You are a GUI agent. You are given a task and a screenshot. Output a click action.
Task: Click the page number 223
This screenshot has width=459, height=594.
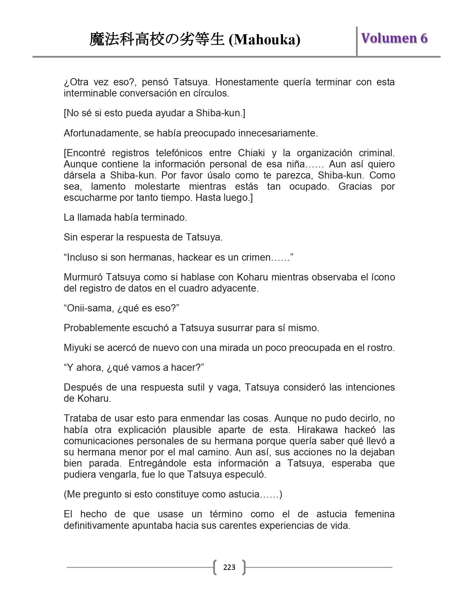pos(229,567)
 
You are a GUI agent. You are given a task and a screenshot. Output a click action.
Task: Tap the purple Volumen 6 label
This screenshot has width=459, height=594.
pos(394,38)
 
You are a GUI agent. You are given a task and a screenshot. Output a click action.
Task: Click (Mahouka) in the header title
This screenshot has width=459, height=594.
pos(265,40)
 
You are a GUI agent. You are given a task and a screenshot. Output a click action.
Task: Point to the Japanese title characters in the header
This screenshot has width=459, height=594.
pos(157,39)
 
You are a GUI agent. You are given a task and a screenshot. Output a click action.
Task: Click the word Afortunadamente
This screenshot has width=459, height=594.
pos(102,133)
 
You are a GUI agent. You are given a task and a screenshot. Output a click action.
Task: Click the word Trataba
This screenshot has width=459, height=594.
pos(78,419)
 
